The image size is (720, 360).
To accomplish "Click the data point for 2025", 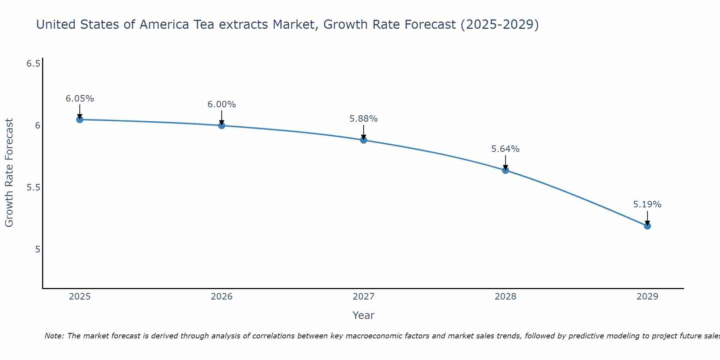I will [80, 120].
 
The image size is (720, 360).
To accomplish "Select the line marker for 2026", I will [221, 126].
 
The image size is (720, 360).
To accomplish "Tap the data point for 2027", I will [364, 140].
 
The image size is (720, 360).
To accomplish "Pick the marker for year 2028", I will [505, 170].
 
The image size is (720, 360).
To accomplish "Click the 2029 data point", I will [647, 226].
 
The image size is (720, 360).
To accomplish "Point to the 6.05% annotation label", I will [80, 99].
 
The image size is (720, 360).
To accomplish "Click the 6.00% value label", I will [221, 104].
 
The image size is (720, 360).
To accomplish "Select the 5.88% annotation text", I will [364, 119].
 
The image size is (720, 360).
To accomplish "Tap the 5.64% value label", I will [505, 149].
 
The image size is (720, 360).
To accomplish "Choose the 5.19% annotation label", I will [647, 204].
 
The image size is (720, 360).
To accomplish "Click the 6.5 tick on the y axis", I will [33, 64].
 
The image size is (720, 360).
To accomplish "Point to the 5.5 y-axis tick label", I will [33, 188].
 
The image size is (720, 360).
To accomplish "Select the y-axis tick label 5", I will [38, 249].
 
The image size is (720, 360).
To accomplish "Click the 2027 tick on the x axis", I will [364, 297].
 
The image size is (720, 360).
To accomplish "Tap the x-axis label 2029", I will [647, 297].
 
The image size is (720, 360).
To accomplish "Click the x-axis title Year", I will [364, 315].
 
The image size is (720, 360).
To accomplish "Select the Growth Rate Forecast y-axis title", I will [9, 173].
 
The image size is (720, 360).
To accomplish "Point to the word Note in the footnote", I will [54, 336].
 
